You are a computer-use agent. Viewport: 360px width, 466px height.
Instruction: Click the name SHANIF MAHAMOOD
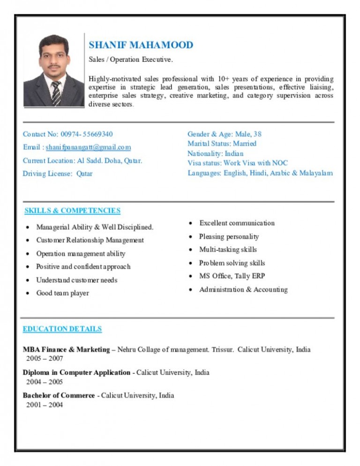141,45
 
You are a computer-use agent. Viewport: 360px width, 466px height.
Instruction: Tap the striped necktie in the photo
56,93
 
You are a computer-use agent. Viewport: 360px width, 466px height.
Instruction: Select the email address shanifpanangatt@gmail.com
88,147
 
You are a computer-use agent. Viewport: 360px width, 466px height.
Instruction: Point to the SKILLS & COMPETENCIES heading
72,210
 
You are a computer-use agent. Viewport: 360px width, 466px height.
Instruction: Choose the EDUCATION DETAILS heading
62,329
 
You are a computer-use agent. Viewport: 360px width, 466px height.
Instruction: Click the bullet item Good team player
62,293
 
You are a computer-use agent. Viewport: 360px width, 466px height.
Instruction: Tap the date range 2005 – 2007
45,359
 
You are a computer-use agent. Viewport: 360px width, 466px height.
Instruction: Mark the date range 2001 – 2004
45,405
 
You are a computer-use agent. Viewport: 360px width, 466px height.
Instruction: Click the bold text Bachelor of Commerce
59,395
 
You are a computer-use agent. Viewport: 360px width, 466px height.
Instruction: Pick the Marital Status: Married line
222,143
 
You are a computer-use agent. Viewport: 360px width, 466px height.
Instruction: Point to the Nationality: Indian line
215,153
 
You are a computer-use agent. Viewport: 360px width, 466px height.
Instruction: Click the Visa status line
237,163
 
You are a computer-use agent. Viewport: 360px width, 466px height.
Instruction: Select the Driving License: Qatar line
58,173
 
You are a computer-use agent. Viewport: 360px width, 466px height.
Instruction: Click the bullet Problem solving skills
232,263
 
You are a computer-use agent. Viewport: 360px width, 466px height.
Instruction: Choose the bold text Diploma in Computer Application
76,372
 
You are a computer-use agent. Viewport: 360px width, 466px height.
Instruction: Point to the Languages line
260,173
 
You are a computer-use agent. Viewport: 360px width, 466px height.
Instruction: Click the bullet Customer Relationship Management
90,240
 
